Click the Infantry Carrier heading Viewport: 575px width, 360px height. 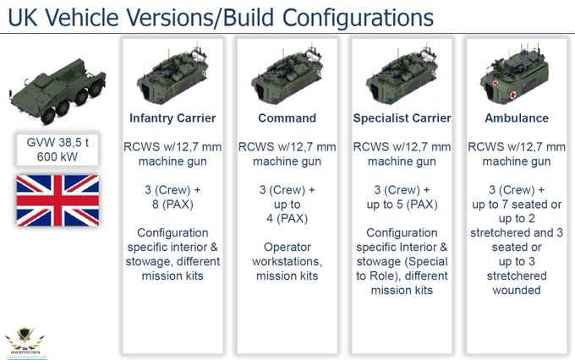point(172,118)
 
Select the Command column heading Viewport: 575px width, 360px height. point(287,118)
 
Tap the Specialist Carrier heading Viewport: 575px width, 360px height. point(402,118)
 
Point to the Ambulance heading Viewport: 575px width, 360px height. point(517,118)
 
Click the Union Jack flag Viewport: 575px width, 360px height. point(57,200)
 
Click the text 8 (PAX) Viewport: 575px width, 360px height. point(172,205)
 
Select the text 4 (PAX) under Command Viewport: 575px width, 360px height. point(287,220)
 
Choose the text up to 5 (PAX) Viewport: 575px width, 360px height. point(402,205)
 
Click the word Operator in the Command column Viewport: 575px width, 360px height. point(287,248)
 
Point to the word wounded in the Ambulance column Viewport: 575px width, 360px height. point(517,291)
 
